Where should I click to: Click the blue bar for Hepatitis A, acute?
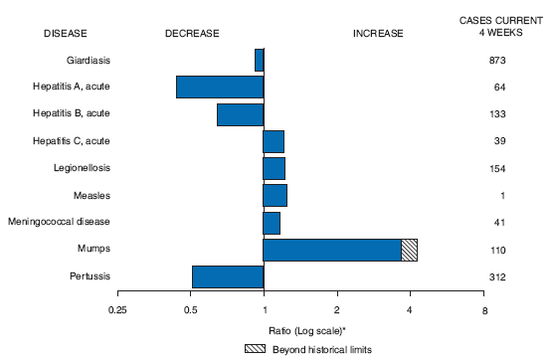pos(220,87)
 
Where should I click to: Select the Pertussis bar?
pos(228,276)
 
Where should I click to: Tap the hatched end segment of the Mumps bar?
pos(409,250)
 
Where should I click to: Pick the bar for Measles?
pos(275,195)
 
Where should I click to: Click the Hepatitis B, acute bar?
pos(240,114)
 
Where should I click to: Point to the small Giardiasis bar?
pos(259,60)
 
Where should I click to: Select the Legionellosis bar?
pos(274,168)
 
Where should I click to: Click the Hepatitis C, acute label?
pos(76,141)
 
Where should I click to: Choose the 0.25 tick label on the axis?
pos(118,309)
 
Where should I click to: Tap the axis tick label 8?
pos(483,309)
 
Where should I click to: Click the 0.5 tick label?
pos(191,309)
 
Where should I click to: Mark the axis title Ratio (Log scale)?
pos(299,329)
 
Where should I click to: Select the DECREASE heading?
pos(191,33)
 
